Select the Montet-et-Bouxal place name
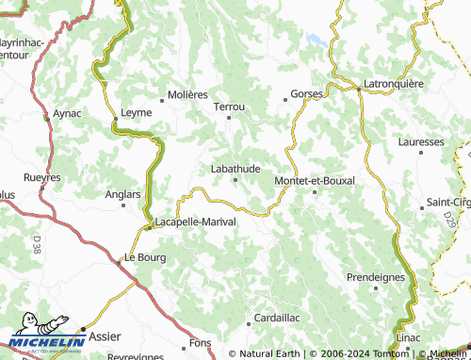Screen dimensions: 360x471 (x=314, y=180)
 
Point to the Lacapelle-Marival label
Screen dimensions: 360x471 (x=196, y=221)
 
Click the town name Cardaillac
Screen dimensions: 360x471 (x=278, y=318)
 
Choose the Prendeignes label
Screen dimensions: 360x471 (x=375, y=277)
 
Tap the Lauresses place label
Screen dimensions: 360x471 (x=421, y=141)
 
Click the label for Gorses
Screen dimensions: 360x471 (x=307, y=94)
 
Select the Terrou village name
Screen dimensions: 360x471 (x=229, y=107)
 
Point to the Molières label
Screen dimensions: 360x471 (x=187, y=94)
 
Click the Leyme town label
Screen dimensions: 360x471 (x=137, y=112)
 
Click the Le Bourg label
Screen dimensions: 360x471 (x=143, y=256)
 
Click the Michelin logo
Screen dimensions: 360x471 (x=47, y=343)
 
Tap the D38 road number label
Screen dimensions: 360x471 (x=36, y=247)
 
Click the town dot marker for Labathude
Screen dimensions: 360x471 (x=235, y=180)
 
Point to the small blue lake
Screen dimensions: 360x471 (x=317, y=41)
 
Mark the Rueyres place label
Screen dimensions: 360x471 (x=41, y=177)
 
